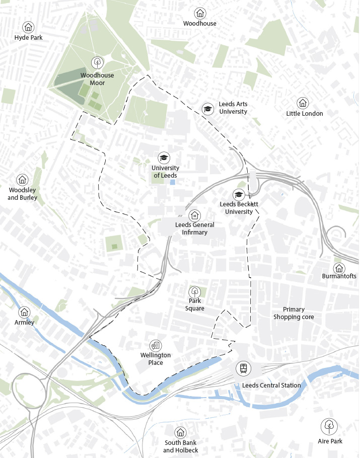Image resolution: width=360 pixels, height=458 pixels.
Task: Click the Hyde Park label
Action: click(x=28, y=38)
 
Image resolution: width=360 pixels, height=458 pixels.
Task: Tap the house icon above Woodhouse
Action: click(x=200, y=13)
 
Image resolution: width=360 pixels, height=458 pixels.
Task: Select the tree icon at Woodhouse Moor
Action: click(x=97, y=62)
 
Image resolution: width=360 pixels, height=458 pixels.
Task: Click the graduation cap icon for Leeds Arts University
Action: click(x=207, y=109)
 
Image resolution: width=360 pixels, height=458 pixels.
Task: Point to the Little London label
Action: click(x=304, y=114)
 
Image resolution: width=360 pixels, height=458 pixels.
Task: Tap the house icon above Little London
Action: click(x=303, y=103)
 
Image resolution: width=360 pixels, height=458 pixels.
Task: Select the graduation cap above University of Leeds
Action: click(x=164, y=158)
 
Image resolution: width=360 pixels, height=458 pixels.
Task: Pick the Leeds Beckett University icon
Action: click(x=238, y=195)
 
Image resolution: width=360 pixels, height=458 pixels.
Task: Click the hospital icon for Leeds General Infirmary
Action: click(x=195, y=215)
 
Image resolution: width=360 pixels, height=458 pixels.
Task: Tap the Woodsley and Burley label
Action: click(x=23, y=194)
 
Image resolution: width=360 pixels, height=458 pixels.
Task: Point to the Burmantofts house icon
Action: click(x=339, y=268)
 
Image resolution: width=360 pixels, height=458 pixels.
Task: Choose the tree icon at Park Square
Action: click(x=194, y=291)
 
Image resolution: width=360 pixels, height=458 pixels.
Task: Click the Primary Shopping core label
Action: click(x=294, y=313)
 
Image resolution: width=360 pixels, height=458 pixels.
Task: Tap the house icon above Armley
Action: click(x=24, y=312)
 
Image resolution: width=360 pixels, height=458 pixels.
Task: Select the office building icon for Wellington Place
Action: click(x=156, y=345)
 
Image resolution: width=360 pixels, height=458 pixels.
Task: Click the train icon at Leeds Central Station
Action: click(x=244, y=368)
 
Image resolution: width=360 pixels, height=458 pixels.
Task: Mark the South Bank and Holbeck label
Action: click(x=180, y=446)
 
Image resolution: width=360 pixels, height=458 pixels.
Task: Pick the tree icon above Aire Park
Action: click(x=329, y=426)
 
